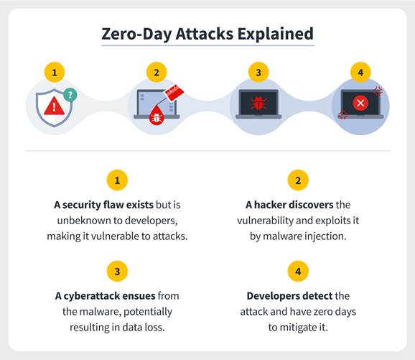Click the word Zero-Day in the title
pyautogui.click(x=134, y=33)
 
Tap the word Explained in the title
pyautogui.click(x=276, y=33)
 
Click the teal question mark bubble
pyautogui.click(x=69, y=94)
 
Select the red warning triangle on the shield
pyautogui.click(x=52, y=108)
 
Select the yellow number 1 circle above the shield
pyautogui.click(x=53, y=72)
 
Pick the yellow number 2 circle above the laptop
pyautogui.click(x=156, y=72)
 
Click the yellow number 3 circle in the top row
pyautogui.click(x=258, y=72)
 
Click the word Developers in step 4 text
pyautogui.click(x=274, y=296)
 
